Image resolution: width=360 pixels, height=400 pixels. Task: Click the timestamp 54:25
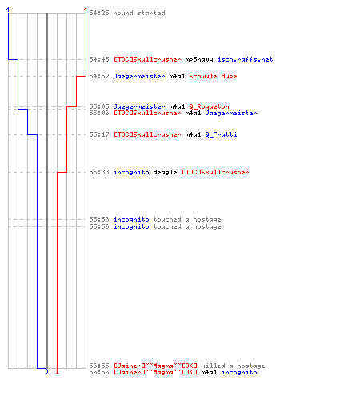pos(99,13)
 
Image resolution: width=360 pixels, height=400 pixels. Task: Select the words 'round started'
pos(139,13)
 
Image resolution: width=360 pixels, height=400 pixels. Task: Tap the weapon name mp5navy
pos(199,59)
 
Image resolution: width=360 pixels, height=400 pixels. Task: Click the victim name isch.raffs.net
pos(245,59)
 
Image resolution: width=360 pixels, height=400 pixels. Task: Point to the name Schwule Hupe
pos(213,76)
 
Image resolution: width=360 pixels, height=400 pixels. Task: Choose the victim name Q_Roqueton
pos(209,106)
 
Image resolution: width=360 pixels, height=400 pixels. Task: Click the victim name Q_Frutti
pos(221,134)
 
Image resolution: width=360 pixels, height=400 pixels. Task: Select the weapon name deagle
pos(165,172)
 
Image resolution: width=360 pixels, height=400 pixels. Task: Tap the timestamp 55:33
pos(99,172)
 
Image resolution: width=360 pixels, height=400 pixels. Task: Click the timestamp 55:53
pos(99,219)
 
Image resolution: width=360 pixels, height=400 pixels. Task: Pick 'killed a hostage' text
pos(233,366)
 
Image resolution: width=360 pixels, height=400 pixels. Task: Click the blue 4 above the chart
pos(8,10)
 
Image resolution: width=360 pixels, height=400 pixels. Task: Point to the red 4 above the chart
pos(86,10)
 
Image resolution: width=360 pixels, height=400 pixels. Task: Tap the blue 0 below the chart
pos(46,371)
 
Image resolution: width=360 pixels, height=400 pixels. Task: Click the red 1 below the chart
pos(57,371)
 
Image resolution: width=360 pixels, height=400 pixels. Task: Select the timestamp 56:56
pos(99,372)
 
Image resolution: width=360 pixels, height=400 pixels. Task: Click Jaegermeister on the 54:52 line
pos(139,76)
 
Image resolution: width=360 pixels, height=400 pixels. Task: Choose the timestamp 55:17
pos(99,134)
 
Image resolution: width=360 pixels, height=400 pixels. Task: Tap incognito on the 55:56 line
pos(131,226)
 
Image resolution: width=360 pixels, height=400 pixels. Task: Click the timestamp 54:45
pos(99,59)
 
